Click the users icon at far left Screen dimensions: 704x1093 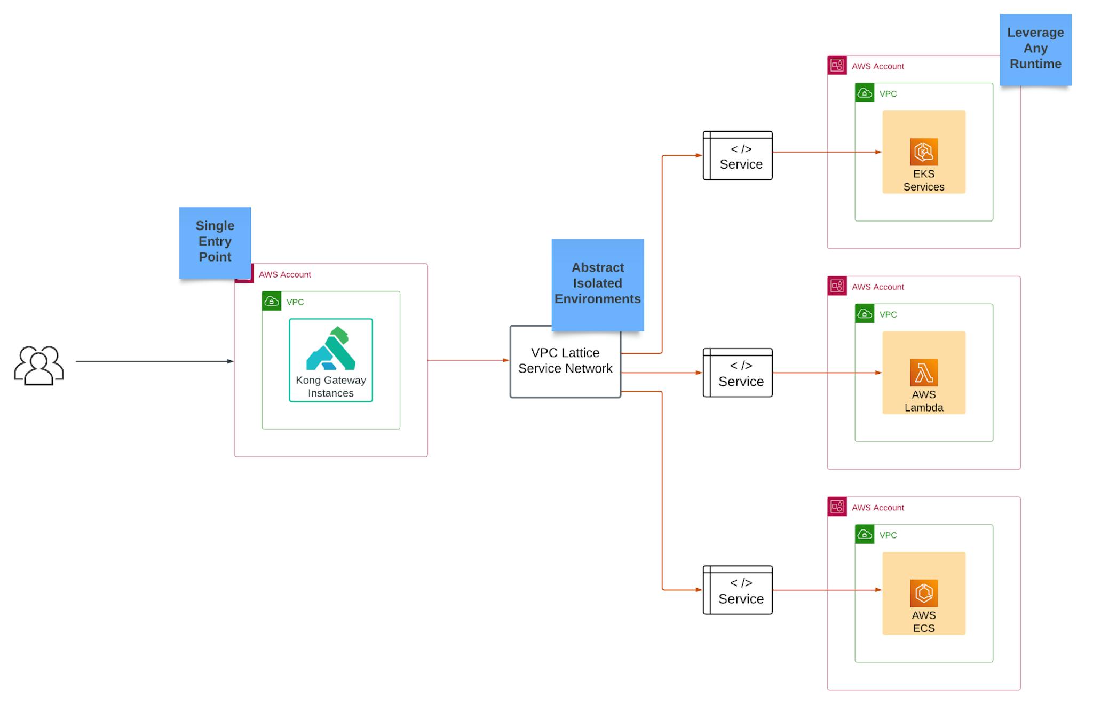pyautogui.click(x=39, y=365)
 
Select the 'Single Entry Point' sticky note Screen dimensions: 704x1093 pyautogui.click(x=215, y=242)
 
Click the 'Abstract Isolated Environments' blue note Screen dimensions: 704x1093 pyautogui.click(x=597, y=283)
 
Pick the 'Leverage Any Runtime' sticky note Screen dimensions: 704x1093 pyautogui.click(x=1035, y=49)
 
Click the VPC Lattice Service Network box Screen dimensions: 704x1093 pyautogui.click(x=565, y=361)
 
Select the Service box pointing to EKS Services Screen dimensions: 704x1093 pyautogui.click(x=738, y=156)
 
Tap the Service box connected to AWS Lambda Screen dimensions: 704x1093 pyautogui.click(x=738, y=373)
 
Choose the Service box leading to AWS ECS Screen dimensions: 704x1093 pyautogui.click(x=738, y=590)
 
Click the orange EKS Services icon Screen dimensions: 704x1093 pyautogui.click(x=923, y=152)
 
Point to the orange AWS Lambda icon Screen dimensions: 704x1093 pyautogui.click(x=923, y=373)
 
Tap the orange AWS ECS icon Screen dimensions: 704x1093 pyautogui.click(x=923, y=593)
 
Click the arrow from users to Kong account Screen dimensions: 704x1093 pyautogui.click(x=155, y=361)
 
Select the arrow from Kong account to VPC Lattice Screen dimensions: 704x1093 pyautogui.click(x=468, y=360)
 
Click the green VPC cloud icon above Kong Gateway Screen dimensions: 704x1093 pyautogui.click(x=272, y=301)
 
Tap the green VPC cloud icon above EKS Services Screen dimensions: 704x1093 pyautogui.click(x=864, y=93)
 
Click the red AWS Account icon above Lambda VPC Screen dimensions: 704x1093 pyautogui.click(x=837, y=286)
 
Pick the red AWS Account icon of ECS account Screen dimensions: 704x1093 pyautogui.click(x=837, y=507)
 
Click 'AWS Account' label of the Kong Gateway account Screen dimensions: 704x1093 pyautogui.click(x=284, y=274)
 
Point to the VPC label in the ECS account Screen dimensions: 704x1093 pyautogui.click(x=888, y=535)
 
